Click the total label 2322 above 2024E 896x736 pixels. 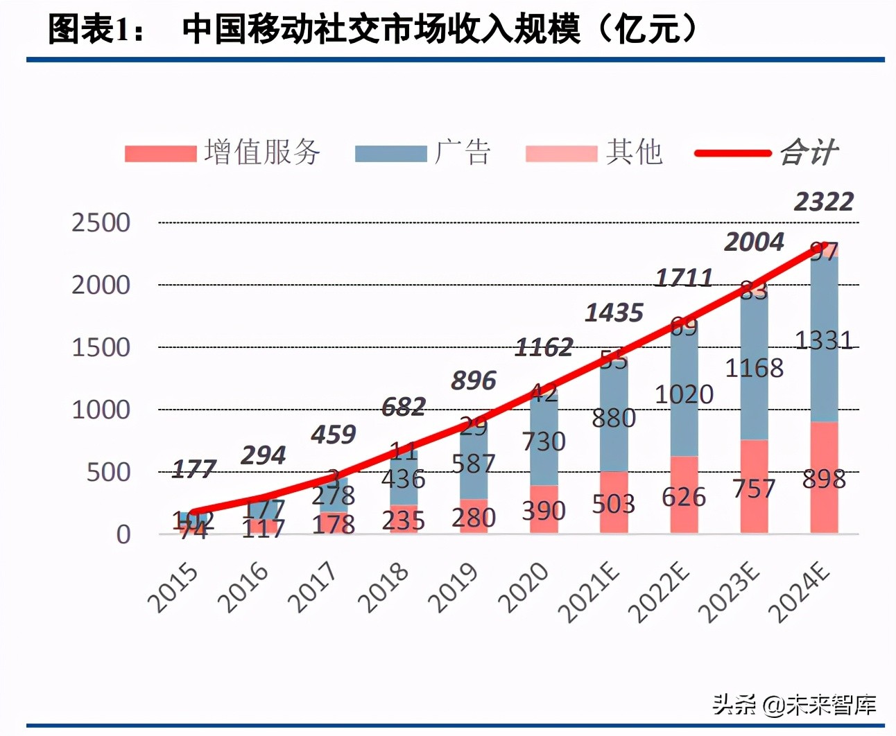tap(823, 202)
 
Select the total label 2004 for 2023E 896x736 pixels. tap(754, 242)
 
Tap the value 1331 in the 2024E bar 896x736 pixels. tap(823, 340)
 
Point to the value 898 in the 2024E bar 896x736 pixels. tap(824, 479)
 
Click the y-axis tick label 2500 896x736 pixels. tap(101, 222)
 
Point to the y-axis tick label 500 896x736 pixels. tap(108, 472)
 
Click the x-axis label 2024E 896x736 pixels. tap(799, 593)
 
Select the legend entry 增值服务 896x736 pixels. tap(262, 152)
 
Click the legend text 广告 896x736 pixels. tap(463, 152)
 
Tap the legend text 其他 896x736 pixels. tap(634, 152)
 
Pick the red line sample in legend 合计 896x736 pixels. tap(732, 153)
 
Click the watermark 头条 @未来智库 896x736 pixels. tap(794, 705)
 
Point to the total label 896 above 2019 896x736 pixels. tap(474, 380)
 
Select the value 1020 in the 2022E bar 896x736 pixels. tap(684, 394)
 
